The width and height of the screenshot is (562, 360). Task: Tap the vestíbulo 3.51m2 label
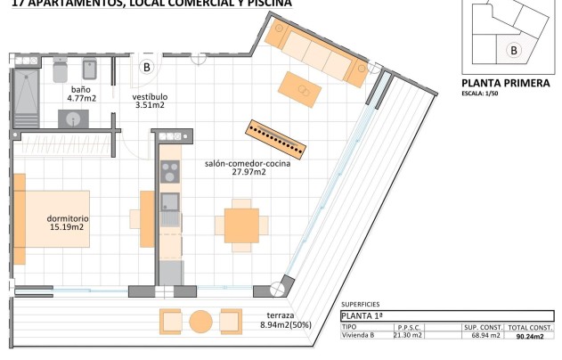[149, 101]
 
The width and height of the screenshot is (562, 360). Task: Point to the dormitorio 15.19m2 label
[67, 222]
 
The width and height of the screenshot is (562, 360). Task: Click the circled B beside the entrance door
[147, 66]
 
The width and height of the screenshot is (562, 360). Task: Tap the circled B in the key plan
[512, 51]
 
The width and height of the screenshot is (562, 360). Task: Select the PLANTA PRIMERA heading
[506, 83]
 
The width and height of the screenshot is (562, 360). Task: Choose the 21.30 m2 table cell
[409, 336]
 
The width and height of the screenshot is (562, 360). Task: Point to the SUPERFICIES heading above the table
[360, 304]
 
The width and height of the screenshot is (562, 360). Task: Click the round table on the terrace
[201, 320]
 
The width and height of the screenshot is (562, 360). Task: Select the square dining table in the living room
[241, 220]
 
